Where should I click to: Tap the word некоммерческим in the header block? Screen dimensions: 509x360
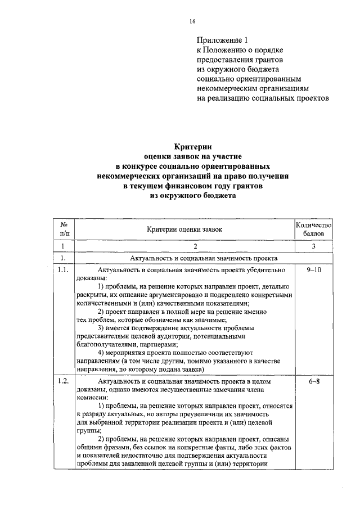tap(226, 88)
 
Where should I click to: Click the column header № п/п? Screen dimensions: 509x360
tap(64, 228)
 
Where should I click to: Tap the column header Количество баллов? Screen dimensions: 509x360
tap(314, 228)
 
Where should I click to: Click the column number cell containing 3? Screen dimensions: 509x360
tap(314, 246)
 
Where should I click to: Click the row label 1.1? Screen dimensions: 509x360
tap(64, 270)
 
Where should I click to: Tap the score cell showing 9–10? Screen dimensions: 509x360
tap(314, 270)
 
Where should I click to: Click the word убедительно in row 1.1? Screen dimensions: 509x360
tap(262, 270)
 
